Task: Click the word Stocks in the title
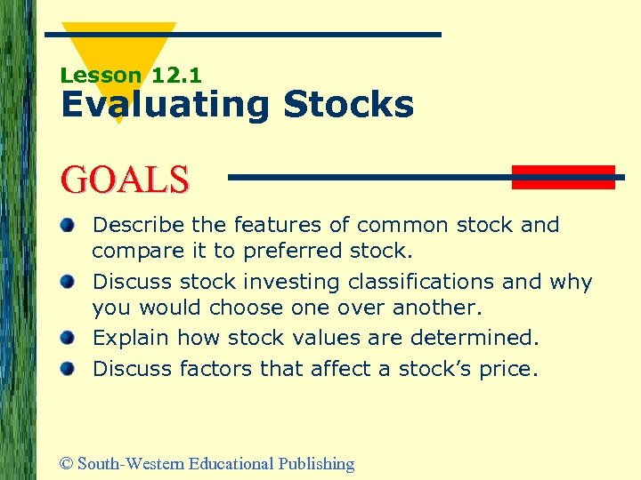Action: click(x=348, y=105)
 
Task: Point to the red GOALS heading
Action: click(x=125, y=179)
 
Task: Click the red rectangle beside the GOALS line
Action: click(x=563, y=177)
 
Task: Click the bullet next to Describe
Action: click(x=68, y=225)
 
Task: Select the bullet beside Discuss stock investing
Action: click(x=68, y=282)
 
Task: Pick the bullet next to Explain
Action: click(x=68, y=339)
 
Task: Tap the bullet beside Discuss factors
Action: click(x=68, y=367)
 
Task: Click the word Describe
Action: click(x=133, y=225)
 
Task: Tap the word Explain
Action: click(x=131, y=339)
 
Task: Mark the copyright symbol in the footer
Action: click(x=66, y=464)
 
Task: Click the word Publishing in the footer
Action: click(x=316, y=464)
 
